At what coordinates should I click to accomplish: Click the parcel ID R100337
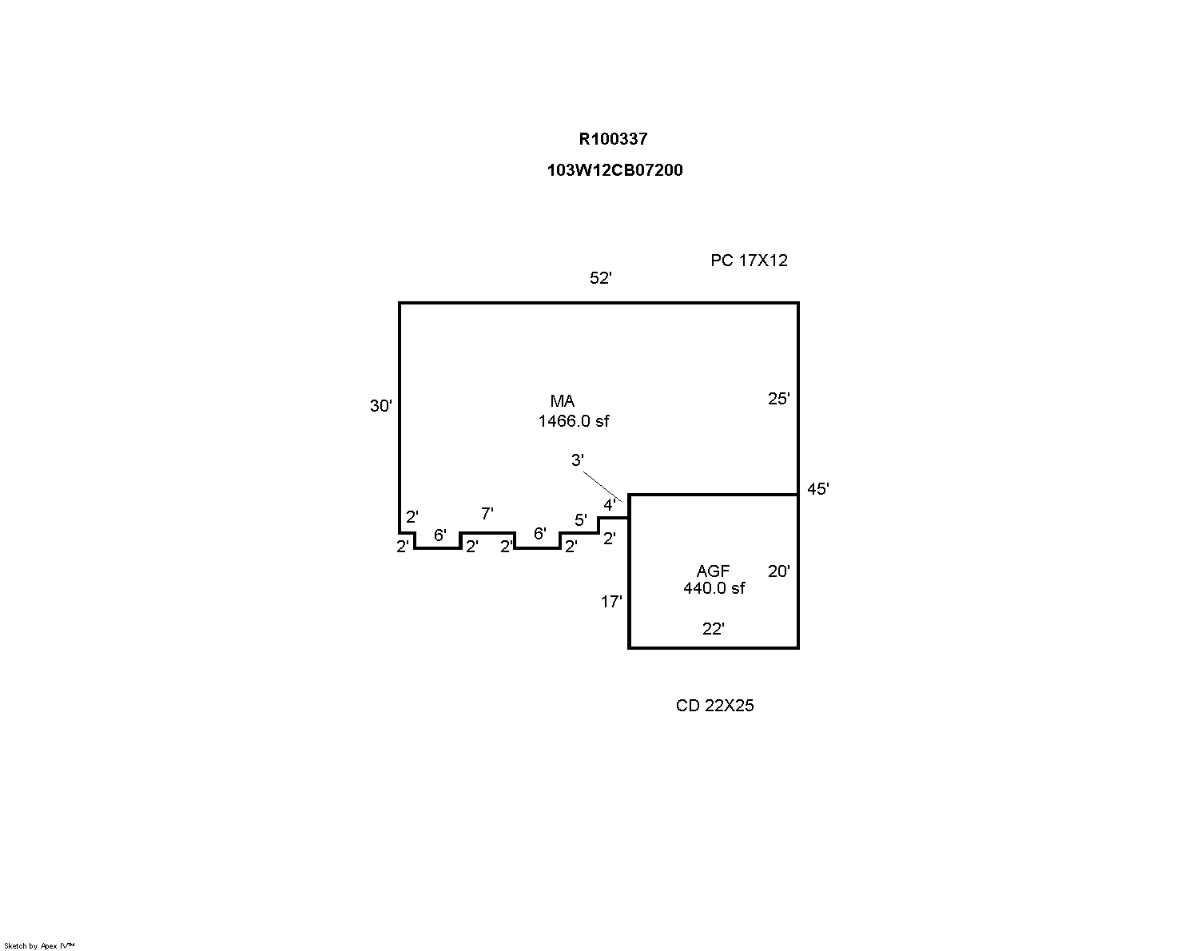click(613, 139)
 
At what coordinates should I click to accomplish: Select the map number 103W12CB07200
click(614, 170)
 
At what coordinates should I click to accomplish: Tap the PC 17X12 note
click(749, 261)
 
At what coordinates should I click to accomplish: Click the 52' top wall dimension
click(600, 278)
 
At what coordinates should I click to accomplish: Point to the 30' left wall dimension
click(380, 406)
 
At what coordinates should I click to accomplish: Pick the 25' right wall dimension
click(778, 399)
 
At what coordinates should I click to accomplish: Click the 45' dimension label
click(817, 489)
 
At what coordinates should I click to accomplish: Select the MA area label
click(562, 401)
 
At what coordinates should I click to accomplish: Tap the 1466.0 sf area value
click(573, 421)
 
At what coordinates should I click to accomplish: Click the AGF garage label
click(713, 571)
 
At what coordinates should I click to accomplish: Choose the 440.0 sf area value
click(714, 588)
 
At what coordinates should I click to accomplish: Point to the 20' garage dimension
click(778, 571)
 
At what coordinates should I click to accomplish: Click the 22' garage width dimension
click(713, 629)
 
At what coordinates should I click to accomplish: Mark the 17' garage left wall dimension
click(611, 602)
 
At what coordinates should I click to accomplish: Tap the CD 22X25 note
click(714, 706)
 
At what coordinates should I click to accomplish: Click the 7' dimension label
click(487, 514)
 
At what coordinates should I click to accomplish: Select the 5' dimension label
click(580, 520)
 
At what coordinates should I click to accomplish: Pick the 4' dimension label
click(609, 505)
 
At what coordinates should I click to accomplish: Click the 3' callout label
click(577, 460)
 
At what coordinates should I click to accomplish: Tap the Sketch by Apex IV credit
click(39, 945)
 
